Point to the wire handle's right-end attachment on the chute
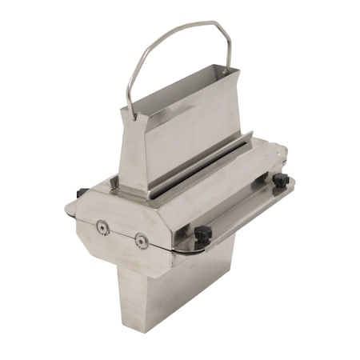pyautogui.click(x=230, y=70)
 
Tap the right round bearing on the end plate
pyautogui.click(x=141, y=240)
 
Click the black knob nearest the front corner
pyautogui.click(x=202, y=234)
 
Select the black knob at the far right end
pyautogui.click(x=281, y=181)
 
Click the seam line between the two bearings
pyautogui.click(x=122, y=234)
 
